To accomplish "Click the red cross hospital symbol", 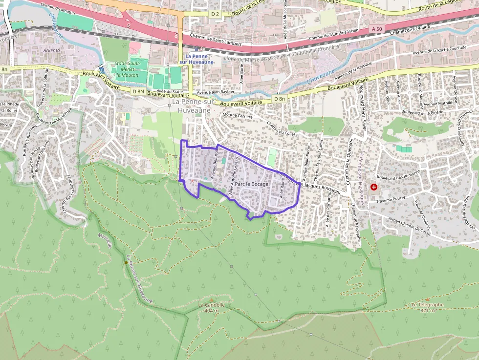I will coord(374,187).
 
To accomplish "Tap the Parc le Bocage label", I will coord(252,184).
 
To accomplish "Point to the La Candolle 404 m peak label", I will coord(211,308).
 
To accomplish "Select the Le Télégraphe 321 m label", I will coord(427,307).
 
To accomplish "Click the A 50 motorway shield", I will coord(376,29).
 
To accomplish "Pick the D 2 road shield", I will coord(215,14).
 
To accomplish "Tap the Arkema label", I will coord(51,50).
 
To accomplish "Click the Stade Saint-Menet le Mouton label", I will coord(127,69).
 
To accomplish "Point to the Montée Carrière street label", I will coord(238,116).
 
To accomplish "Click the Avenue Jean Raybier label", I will coord(216,91).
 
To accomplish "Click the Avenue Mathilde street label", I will coord(439,103).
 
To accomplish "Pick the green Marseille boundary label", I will coord(105,240).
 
